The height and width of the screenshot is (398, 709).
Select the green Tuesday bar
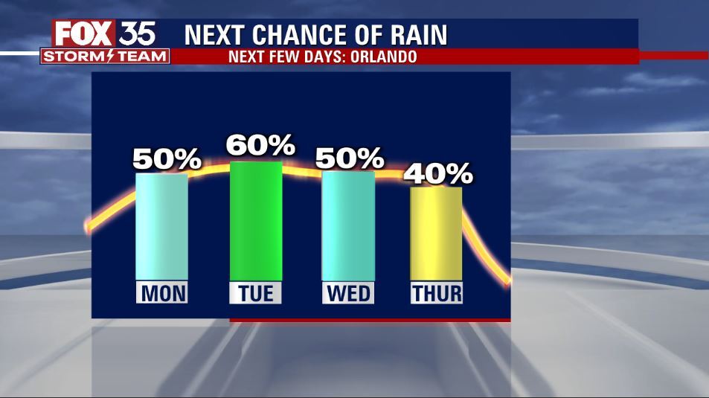click(256, 221)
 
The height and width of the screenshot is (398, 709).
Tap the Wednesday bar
click(348, 226)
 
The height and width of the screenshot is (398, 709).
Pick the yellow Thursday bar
click(437, 234)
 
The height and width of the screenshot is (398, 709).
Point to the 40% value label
click(438, 173)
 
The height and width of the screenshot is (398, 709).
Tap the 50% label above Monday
click(167, 158)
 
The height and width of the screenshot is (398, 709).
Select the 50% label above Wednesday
click(350, 158)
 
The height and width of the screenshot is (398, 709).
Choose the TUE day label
click(256, 293)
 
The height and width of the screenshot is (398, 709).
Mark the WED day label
click(348, 293)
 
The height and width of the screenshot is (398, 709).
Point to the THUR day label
click(437, 293)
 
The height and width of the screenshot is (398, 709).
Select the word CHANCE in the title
click(298, 35)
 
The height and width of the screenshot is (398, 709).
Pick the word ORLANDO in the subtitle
click(384, 57)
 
